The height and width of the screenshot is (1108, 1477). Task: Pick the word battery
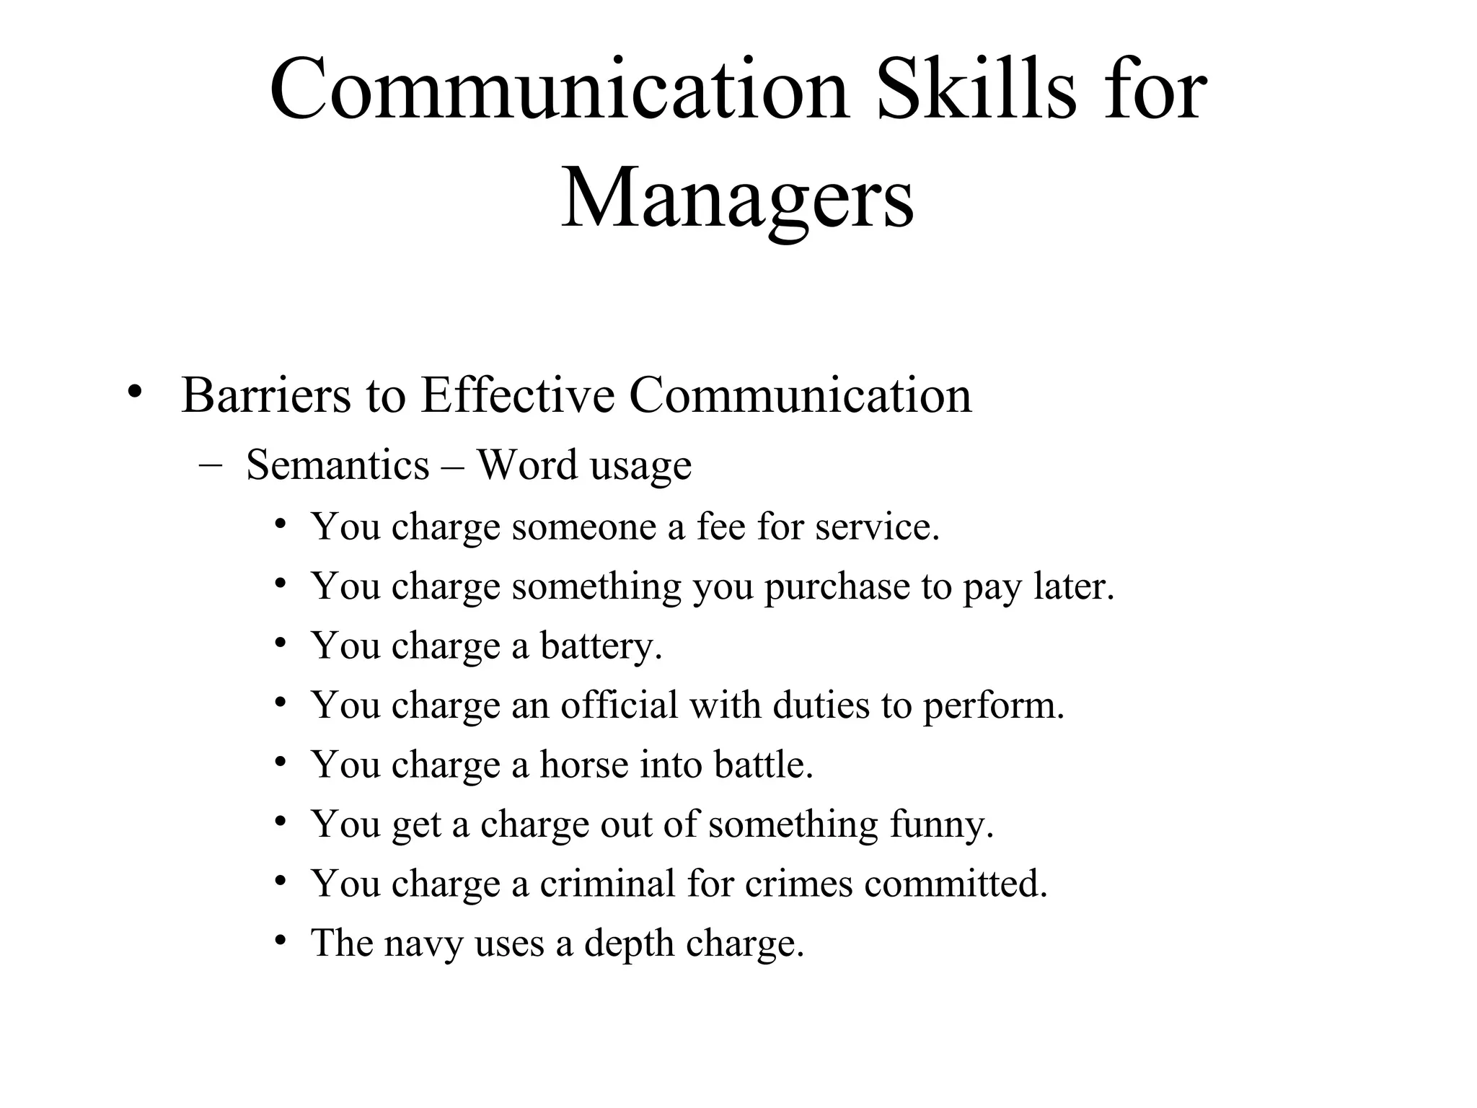600,646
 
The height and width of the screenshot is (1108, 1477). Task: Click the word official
620,705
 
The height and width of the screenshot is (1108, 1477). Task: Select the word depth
629,944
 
